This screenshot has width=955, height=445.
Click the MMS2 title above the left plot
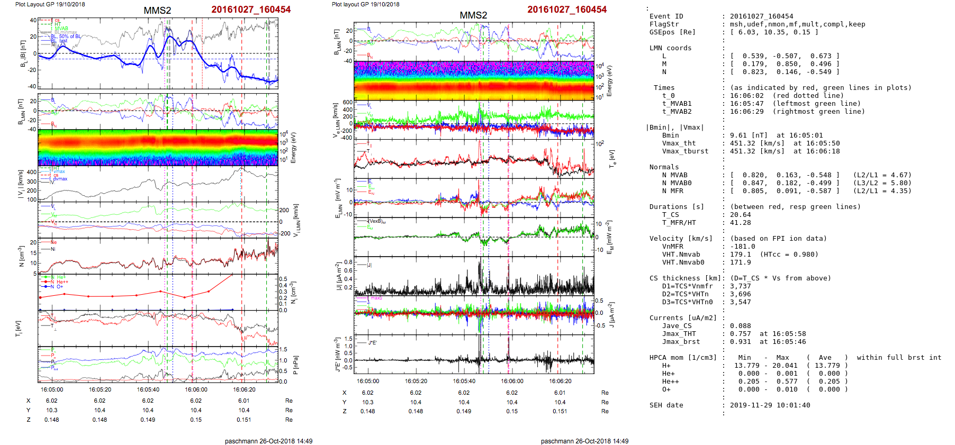coord(157,11)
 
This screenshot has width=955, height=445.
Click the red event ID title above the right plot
coord(566,10)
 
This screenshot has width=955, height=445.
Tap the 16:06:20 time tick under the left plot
coord(244,389)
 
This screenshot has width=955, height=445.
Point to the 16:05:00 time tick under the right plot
coord(368,381)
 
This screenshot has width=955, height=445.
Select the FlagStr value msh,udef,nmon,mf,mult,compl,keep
coord(797,24)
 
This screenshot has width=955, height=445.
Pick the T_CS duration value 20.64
coord(740,215)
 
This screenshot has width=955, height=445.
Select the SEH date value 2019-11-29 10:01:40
coord(770,405)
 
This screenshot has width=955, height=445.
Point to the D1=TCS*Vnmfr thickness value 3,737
coord(740,286)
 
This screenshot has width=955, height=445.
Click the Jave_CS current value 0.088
coord(740,326)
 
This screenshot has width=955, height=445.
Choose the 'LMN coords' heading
coord(670,48)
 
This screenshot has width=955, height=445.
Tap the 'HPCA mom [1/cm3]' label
coord(683,358)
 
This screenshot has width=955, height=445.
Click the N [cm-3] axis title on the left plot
coord(21,256)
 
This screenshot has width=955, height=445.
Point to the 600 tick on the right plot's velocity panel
coord(347,103)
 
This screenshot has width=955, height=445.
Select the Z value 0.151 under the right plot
coord(560,411)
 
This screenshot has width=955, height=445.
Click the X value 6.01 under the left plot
coord(244,401)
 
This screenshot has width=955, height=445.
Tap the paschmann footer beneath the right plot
coord(584,441)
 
